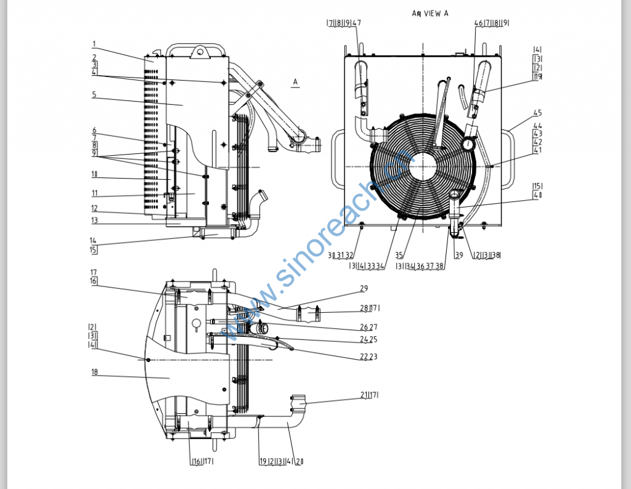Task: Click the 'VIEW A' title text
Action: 429,13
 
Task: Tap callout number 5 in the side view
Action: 94,95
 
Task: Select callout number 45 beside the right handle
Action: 537,113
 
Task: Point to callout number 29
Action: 364,289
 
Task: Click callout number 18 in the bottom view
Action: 94,372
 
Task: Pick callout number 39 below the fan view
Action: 458,255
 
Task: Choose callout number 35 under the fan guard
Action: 399,255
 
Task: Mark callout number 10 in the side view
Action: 94,174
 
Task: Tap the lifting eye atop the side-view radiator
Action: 199,52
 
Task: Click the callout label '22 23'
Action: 368,357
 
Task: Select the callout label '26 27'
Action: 368,327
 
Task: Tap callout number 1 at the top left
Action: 94,44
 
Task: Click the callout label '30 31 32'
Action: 340,255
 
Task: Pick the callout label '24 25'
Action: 368,339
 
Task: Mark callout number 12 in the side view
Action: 94,208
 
